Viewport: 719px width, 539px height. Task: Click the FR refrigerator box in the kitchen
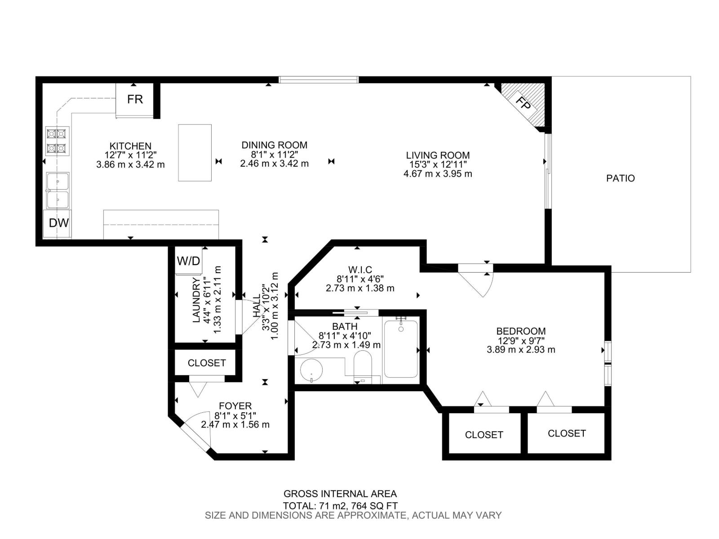(134, 99)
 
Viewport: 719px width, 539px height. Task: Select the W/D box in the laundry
(188, 261)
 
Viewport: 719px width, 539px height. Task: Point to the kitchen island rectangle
(195, 153)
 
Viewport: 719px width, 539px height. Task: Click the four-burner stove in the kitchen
(57, 141)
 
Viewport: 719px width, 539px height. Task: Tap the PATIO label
(620, 178)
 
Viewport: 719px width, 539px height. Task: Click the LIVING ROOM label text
(438, 155)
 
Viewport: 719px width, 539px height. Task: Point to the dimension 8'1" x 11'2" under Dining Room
(274, 155)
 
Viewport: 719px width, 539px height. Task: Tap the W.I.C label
(360, 269)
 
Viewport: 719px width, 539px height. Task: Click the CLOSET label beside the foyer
(207, 363)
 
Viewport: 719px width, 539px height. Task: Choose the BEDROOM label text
(521, 331)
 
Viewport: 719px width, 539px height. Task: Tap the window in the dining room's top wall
(319, 80)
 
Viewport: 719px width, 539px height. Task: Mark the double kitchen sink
(58, 190)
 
